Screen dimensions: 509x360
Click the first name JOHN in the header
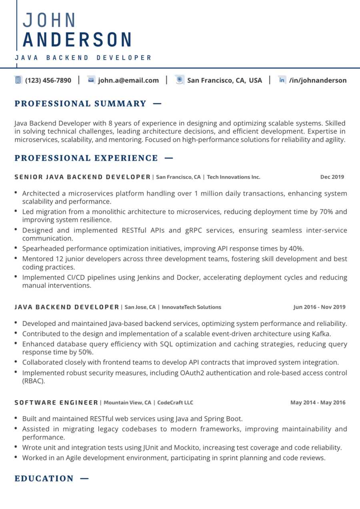point(49,20)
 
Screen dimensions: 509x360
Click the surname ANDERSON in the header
point(78,40)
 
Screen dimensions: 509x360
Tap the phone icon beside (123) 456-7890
point(18,80)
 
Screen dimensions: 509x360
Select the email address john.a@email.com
point(128,80)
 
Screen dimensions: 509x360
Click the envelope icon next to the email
point(91,80)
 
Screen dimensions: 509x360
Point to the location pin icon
point(180,80)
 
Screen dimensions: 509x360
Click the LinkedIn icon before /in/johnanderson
point(282,80)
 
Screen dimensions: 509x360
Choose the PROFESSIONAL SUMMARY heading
point(80,104)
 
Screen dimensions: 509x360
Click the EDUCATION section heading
point(44,479)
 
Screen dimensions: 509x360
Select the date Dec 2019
point(332,177)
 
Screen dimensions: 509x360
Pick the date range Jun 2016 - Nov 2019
point(319,307)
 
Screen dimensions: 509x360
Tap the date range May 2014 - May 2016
point(318,403)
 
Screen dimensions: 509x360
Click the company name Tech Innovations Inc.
point(234,177)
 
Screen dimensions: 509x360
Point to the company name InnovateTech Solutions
point(192,307)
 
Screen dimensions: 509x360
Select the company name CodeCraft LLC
point(175,403)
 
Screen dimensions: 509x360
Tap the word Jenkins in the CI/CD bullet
point(150,277)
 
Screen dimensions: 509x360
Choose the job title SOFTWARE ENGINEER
point(56,403)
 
